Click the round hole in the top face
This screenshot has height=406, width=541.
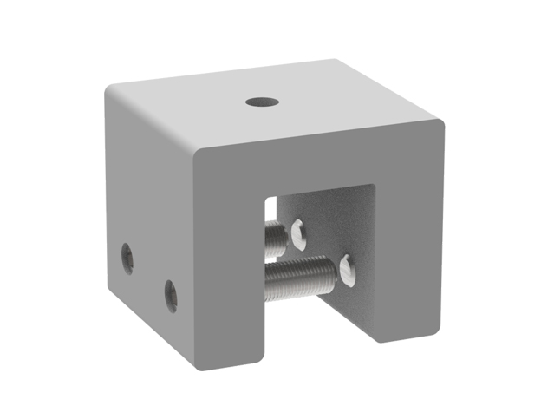pyautogui.click(x=261, y=101)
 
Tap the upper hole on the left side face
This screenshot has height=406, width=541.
pyautogui.click(x=127, y=258)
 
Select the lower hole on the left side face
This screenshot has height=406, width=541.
pyautogui.click(x=171, y=295)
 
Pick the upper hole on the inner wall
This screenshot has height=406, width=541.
pyautogui.click(x=299, y=231)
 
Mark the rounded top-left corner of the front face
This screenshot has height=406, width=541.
pyautogui.click(x=202, y=154)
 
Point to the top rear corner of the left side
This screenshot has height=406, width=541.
pyautogui.click(x=108, y=89)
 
